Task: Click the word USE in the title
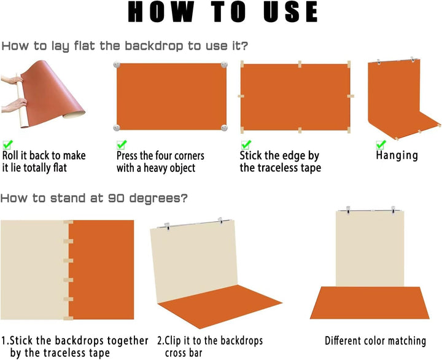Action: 290,12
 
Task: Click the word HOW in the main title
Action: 161,12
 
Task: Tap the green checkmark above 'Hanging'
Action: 381,144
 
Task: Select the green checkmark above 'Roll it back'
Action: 7,144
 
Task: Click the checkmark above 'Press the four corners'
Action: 122,144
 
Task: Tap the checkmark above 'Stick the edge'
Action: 246,144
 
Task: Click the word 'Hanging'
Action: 397,156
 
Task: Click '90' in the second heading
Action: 116,198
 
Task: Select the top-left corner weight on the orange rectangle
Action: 117,65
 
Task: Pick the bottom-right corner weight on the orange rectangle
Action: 224,128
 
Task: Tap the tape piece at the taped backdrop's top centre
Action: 300,64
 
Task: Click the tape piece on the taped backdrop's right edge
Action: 351,96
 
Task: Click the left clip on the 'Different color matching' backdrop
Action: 349,210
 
